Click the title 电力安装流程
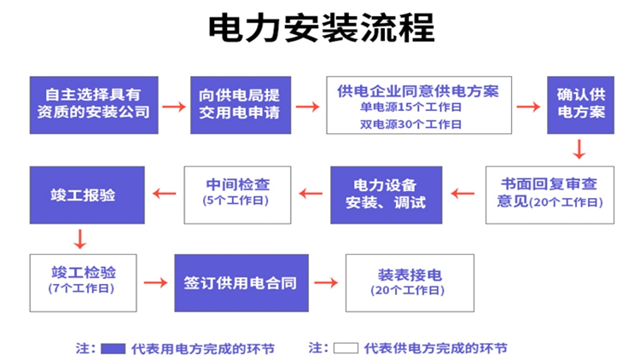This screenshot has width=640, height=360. point(321,28)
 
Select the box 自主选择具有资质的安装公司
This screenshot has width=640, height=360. point(94,104)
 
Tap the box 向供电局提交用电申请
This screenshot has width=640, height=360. point(239,104)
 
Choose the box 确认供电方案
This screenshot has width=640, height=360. point(580,104)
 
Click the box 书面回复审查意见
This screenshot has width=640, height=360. point(550,195)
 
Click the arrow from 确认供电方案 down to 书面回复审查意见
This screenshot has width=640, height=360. point(579,150)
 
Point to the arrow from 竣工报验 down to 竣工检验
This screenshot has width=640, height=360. point(80,238)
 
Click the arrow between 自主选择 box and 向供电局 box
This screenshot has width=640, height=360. point(174,106)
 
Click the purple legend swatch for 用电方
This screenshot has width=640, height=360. point(113,348)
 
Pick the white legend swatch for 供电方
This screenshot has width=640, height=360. point(345,348)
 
